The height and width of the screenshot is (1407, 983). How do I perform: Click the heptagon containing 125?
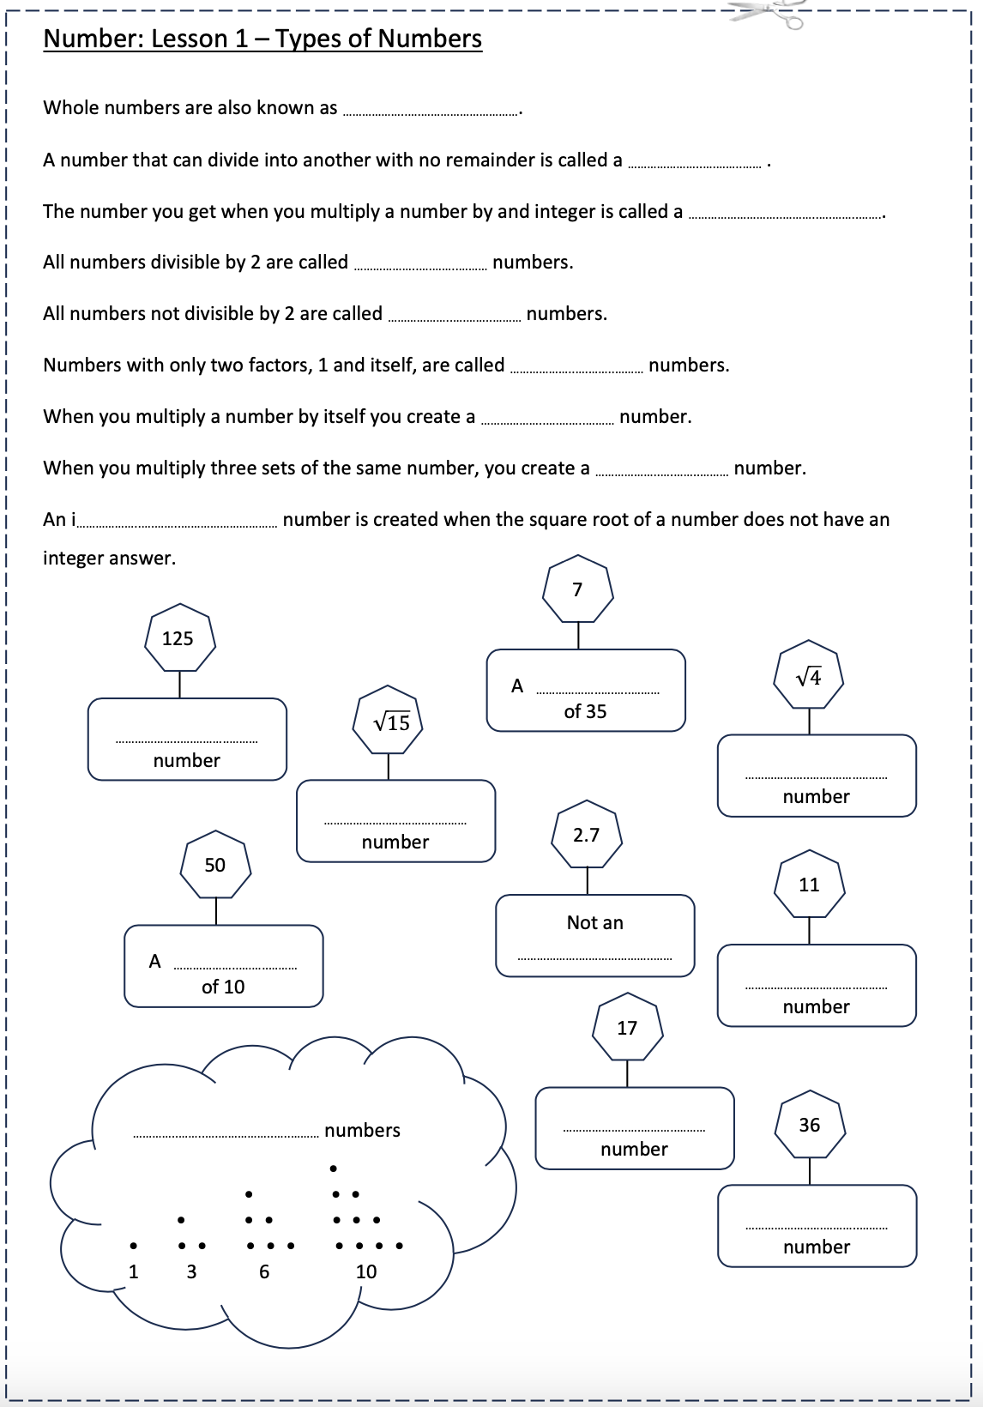click(x=178, y=639)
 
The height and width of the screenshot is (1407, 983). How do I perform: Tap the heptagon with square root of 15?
click(x=389, y=722)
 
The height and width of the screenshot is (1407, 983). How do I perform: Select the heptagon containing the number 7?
click(x=577, y=590)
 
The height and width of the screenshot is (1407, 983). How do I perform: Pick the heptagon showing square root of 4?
click(x=809, y=676)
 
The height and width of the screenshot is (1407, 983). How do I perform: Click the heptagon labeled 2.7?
click(x=587, y=835)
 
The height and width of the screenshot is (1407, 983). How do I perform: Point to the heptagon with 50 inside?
click(x=215, y=865)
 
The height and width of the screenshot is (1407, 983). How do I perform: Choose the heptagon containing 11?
click(x=809, y=885)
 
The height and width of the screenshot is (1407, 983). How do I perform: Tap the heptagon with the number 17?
click(x=627, y=1028)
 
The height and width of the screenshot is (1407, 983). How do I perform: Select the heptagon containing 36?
click(x=810, y=1126)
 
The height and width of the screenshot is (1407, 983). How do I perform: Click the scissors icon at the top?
click(x=769, y=13)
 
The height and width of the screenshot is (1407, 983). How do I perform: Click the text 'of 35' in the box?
click(x=585, y=712)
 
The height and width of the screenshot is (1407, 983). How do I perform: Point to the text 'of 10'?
click(x=223, y=987)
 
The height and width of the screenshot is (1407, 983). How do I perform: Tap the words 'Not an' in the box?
click(x=594, y=923)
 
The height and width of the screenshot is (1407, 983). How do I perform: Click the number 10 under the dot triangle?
click(x=366, y=1272)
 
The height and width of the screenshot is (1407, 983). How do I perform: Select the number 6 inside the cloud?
click(x=264, y=1272)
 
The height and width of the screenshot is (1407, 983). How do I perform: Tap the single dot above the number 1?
click(x=133, y=1246)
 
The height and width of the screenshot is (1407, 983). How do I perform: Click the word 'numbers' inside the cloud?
click(x=362, y=1131)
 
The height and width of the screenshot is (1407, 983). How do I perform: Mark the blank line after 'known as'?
click(x=431, y=112)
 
